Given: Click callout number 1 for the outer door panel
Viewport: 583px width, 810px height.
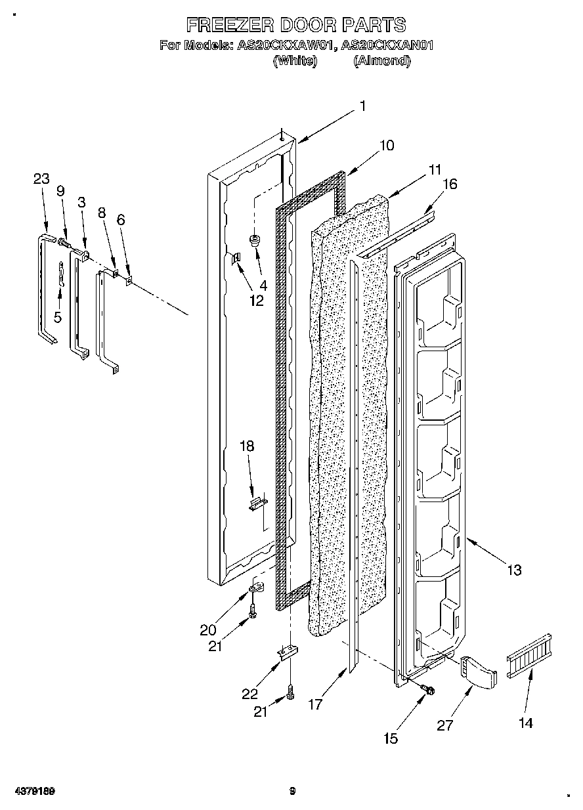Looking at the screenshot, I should [362, 106].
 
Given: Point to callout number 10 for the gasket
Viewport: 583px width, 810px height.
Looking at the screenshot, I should [387, 145].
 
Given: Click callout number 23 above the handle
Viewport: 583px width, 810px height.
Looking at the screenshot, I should [41, 179].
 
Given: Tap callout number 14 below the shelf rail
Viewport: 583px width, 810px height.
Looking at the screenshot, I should [525, 723].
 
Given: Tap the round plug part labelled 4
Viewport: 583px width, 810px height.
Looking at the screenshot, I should [255, 241].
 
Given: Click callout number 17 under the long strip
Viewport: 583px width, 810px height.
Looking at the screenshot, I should [316, 704].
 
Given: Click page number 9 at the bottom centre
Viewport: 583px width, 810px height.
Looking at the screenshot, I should [293, 792].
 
